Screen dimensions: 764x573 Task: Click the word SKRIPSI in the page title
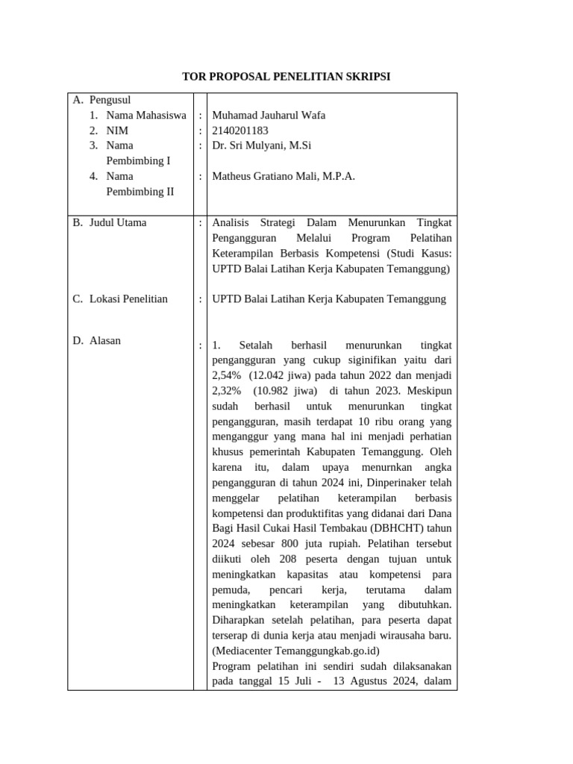click(366, 77)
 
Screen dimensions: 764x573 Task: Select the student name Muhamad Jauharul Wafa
click(269, 115)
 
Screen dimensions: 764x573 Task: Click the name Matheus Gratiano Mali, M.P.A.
click(284, 176)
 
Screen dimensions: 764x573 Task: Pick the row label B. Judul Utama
click(110, 222)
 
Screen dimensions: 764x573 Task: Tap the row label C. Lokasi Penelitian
click(119, 298)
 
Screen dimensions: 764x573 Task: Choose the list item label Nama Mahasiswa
click(146, 115)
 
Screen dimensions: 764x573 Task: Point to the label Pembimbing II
click(140, 191)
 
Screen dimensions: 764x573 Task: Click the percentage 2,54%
click(227, 375)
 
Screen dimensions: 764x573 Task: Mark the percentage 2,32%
click(227, 390)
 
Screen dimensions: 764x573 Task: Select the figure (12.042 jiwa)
click(281, 375)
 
